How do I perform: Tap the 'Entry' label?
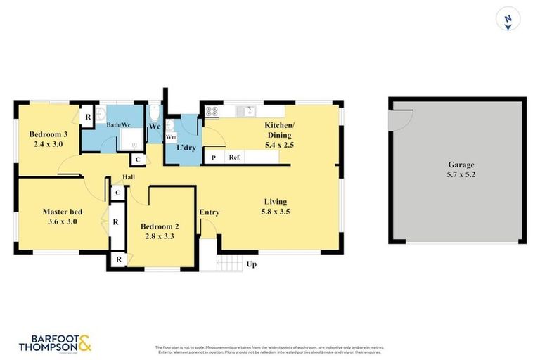209,212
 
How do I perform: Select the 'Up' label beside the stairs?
251,264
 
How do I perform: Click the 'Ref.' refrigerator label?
234,157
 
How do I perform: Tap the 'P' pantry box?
213,157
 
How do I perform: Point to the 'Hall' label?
129,176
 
